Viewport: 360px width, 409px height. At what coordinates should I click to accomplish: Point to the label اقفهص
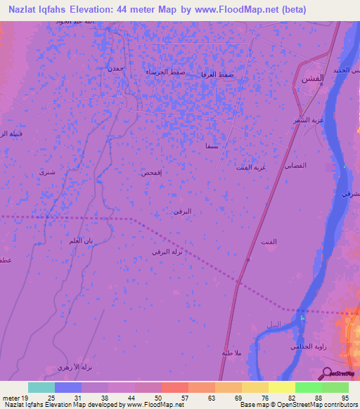pos(152,172)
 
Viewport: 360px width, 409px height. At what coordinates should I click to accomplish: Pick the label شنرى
pos(47,171)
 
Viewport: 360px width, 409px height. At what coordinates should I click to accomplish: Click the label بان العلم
pos(81,241)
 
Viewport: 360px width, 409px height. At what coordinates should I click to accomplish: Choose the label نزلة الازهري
pos(76,368)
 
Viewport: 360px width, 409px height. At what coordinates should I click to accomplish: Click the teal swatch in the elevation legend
pos(41,387)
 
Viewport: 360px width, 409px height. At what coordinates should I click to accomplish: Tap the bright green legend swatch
pos(308,387)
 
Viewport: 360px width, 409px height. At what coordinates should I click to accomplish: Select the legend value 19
pos(25,398)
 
